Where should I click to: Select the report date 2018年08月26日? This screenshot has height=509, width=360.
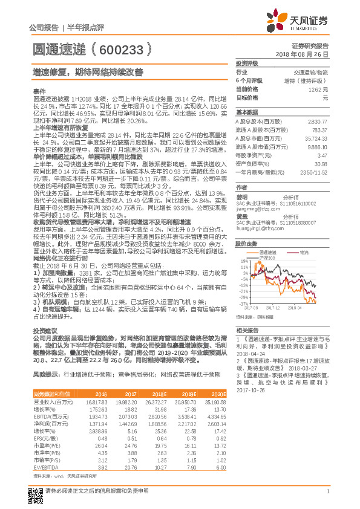pos(309,54)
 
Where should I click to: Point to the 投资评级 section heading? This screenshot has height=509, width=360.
pos(247,63)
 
